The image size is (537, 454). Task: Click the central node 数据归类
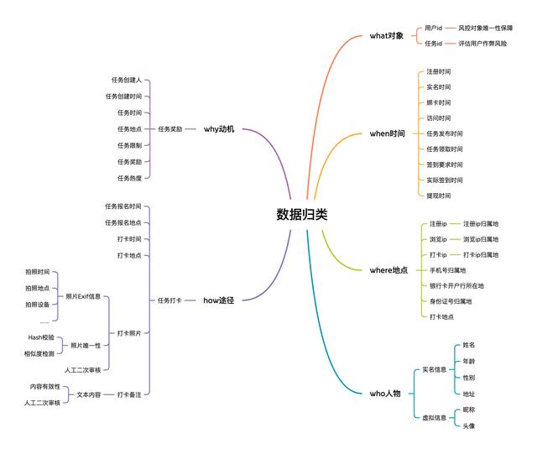pyautogui.click(x=302, y=215)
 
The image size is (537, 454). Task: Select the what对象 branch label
pyautogui.click(x=387, y=36)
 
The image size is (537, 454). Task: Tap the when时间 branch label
pyautogui.click(x=387, y=133)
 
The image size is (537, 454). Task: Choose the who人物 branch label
pyautogui.click(x=385, y=393)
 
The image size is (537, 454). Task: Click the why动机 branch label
pyautogui.click(x=219, y=129)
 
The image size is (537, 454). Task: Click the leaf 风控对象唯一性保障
pyautogui.click(x=486, y=29)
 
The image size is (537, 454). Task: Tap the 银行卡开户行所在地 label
pyautogui.click(x=456, y=285)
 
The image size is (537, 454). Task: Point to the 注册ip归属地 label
pyautogui.click(x=481, y=224)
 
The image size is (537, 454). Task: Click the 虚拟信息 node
pyautogui.click(x=434, y=417)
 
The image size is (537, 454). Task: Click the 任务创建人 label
pyautogui.click(x=126, y=81)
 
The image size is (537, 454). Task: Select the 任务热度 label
pyautogui.click(x=129, y=177)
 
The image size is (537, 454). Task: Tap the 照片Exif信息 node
pyautogui.click(x=83, y=296)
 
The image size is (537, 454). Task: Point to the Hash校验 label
pyautogui.click(x=40, y=337)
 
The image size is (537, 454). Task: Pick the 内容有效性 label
pyautogui.click(x=45, y=386)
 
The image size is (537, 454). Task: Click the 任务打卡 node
pyautogui.click(x=169, y=300)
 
